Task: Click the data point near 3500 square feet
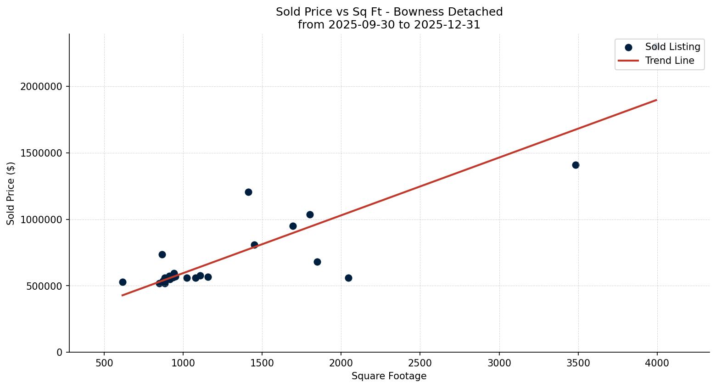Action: pyautogui.click(x=576, y=165)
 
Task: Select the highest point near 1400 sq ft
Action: pyautogui.click(x=248, y=192)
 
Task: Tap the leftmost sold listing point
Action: pyautogui.click(x=123, y=282)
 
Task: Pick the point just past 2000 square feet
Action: pyautogui.click(x=348, y=278)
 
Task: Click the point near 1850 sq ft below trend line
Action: pyautogui.click(x=317, y=262)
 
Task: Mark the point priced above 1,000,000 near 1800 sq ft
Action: pyautogui.click(x=310, y=214)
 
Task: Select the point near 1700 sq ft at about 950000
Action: pyautogui.click(x=293, y=226)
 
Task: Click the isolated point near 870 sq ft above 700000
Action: pyautogui.click(x=162, y=254)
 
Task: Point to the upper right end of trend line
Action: pyautogui.click(x=656, y=100)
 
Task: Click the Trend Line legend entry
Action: pyautogui.click(x=669, y=61)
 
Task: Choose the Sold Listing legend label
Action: pyautogui.click(x=672, y=47)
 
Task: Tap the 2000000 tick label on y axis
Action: pyautogui.click(x=41, y=87)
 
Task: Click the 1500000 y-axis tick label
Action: pyautogui.click(x=41, y=153)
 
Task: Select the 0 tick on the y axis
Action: pyautogui.click(x=59, y=352)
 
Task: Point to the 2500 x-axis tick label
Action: pyautogui.click(x=420, y=363)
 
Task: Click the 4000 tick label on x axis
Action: pyautogui.click(x=657, y=363)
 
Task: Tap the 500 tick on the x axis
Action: pyautogui.click(x=104, y=363)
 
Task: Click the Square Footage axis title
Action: pyautogui.click(x=389, y=377)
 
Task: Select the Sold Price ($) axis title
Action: pyautogui.click(x=11, y=193)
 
